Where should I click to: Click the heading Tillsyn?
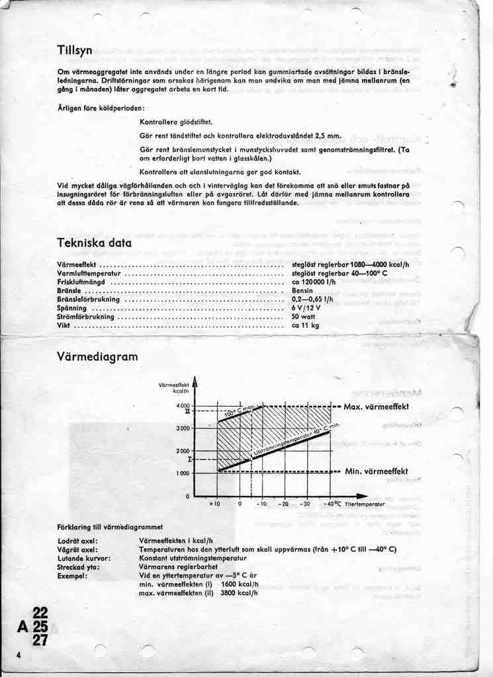(x=74, y=50)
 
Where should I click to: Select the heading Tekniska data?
(x=94, y=243)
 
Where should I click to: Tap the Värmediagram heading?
(x=97, y=357)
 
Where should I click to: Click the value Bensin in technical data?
(x=302, y=291)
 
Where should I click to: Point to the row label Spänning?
(x=72, y=308)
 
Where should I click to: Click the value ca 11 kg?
(x=306, y=325)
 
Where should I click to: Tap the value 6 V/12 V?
(x=306, y=308)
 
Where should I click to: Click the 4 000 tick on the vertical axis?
(x=183, y=405)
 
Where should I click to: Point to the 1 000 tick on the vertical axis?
(x=183, y=473)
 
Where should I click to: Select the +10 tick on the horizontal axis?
(x=214, y=504)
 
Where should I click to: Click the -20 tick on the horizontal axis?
(x=284, y=504)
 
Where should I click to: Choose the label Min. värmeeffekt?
(x=377, y=471)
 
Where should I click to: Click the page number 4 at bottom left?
(x=20, y=655)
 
